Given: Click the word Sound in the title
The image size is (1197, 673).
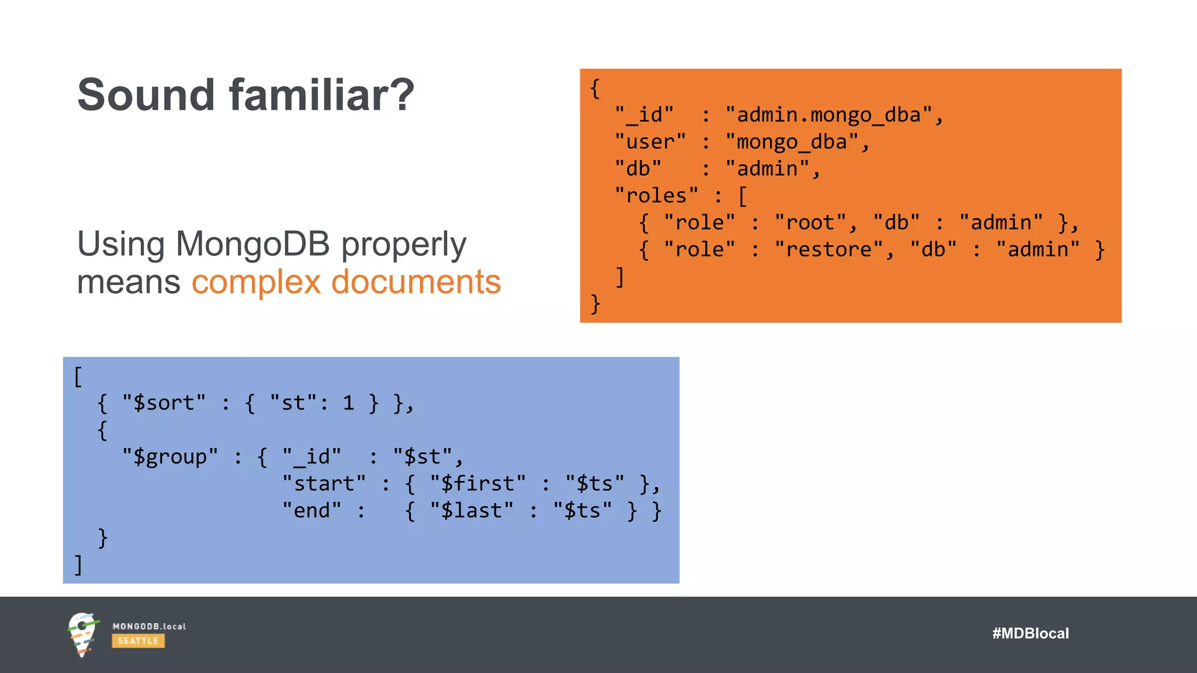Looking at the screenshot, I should [x=146, y=95].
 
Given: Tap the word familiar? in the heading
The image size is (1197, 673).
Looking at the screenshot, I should [x=321, y=95].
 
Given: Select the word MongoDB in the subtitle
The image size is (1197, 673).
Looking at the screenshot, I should [x=252, y=244].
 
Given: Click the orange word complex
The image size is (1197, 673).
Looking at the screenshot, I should [x=256, y=282].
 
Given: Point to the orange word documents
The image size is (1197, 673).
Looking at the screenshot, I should [x=416, y=282].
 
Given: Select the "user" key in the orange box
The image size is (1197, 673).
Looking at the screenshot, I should [x=650, y=142].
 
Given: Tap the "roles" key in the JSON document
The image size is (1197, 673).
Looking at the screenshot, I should [x=656, y=196].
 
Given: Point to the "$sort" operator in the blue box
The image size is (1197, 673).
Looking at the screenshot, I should [x=164, y=403].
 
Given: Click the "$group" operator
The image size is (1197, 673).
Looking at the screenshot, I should [x=170, y=457].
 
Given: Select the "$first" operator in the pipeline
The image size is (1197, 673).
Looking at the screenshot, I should [x=478, y=484].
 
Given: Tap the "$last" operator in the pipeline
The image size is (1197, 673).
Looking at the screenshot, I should [x=471, y=511].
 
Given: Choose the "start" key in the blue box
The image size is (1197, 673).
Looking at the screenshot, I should [x=324, y=484].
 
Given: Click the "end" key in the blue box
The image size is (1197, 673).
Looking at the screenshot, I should [x=312, y=511].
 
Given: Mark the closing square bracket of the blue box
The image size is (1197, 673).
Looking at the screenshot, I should [x=78, y=565].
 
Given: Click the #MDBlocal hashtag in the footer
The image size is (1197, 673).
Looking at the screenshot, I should [x=1030, y=633].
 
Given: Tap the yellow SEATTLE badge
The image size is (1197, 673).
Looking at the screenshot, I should [x=138, y=641].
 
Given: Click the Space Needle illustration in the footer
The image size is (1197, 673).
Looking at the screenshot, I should [x=82, y=634].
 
